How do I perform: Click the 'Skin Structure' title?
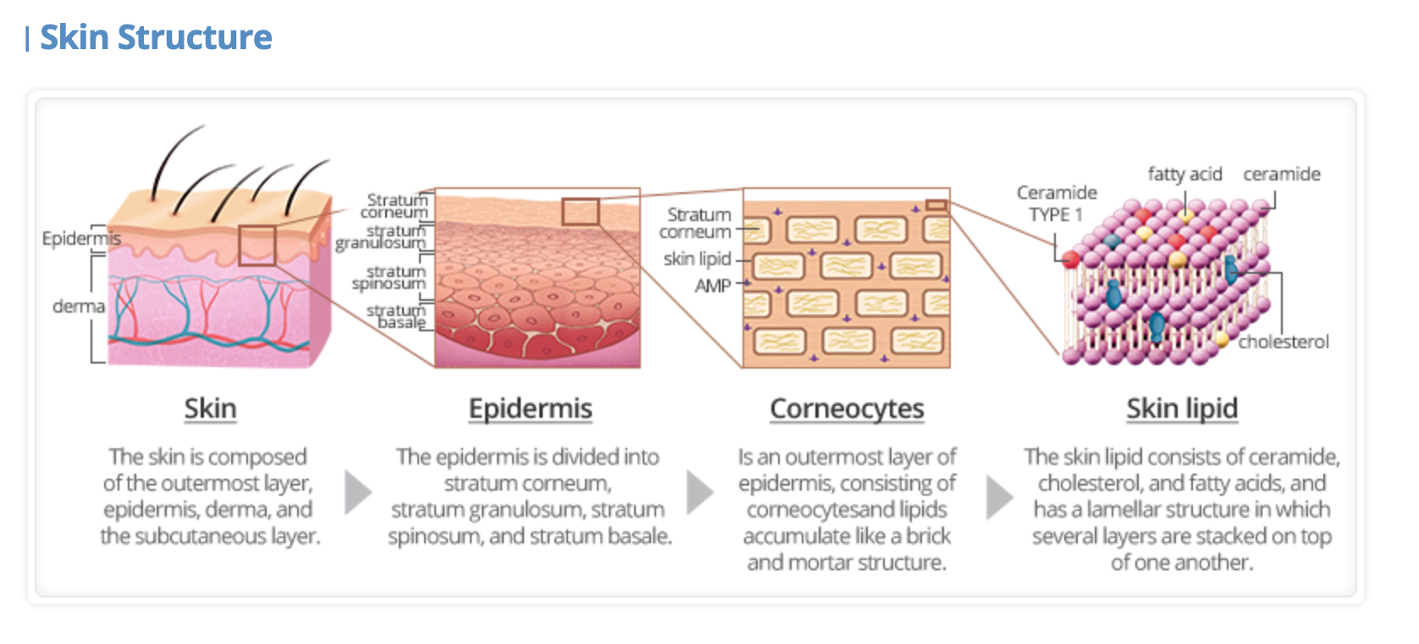click(156, 37)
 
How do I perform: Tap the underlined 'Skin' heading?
click(210, 408)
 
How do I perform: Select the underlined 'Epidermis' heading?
click(530, 408)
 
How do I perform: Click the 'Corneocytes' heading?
click(847, 408)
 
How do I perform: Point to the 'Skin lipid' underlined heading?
click(1182, 408)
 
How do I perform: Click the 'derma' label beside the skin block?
click(79, 306)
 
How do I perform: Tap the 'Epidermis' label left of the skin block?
click(80, 238)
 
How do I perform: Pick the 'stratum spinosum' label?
click(390, 277)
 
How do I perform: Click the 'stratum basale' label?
click(396, 317)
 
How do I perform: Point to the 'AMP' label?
click(713, 286)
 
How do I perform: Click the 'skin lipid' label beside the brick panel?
click(697, 259)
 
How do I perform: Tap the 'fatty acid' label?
click(1184, 175)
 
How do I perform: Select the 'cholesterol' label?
click(1283, 342)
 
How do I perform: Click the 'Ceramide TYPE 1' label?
click(1057, 203)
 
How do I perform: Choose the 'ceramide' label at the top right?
click(1281, 175)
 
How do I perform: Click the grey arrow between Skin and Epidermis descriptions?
click(357, 493)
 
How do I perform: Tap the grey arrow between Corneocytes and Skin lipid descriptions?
click(999, 497)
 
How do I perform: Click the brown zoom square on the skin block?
click(257, 246)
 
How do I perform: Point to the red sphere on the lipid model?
click(1071, 259)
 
